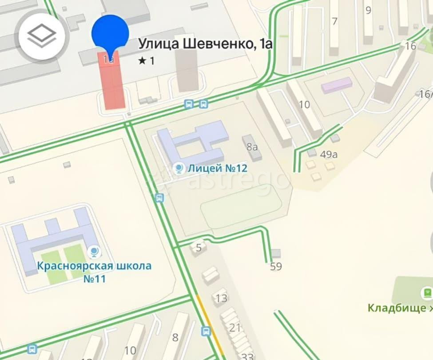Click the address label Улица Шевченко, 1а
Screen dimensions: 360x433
[x=205, y=44]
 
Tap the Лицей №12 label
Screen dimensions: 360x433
[x=217, y=168]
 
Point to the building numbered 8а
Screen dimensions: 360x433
[x=252, y=145]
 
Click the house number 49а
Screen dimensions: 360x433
[x=329, y=154]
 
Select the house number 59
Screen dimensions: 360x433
[x=276, y=267]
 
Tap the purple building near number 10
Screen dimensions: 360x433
[x=337, y=85]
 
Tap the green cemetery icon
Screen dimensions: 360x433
[x=426, y=292]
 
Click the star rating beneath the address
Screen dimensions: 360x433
[x=147, y=61]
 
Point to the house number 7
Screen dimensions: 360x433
[x=334, y=21]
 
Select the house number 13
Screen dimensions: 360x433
[x=221, y=298]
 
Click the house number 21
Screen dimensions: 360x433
[x=235, y=328]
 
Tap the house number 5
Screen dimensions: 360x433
[x=199, y=247]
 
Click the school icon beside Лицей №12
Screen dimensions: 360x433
[x=179, y=168]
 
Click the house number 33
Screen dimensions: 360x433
[x=247, y=356]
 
